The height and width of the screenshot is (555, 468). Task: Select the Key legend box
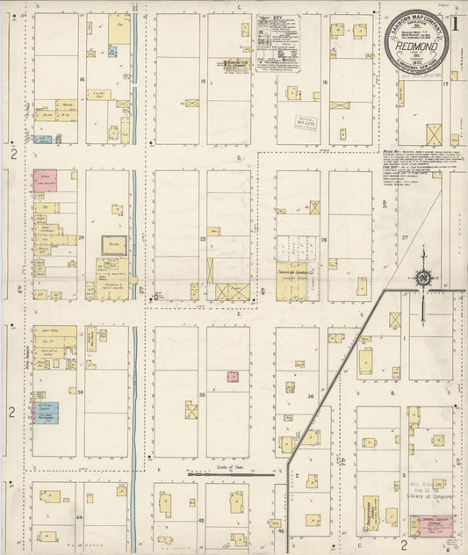tap(277, 42)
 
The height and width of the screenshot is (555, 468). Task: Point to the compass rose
tap(423, 280)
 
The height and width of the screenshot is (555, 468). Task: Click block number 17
tap(445, 84)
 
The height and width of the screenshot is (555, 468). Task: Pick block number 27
tap(405, 237)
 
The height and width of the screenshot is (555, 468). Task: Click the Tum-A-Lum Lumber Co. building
tap(292, 281)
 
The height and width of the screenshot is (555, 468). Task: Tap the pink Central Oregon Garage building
tap(428, 523)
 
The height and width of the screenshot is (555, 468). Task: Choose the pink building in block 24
tap(45, 181)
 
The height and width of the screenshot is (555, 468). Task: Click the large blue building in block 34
tap(46, 412)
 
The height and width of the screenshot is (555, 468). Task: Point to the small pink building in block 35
tap(233, 376)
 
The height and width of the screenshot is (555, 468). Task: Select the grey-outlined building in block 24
tap(114, 245)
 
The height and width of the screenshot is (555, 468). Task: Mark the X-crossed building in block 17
tap(434, 134)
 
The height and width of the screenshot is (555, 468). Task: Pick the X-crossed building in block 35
tap(191, 409)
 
